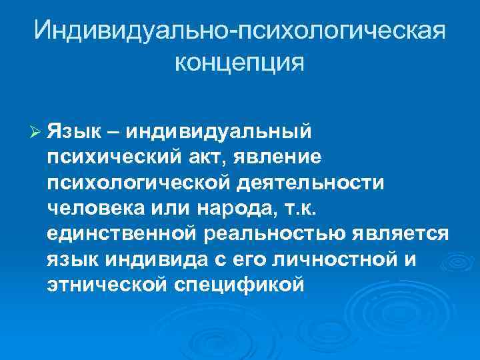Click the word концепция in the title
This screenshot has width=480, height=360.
[x=239, y=63]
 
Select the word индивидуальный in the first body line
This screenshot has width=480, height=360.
[x=217, y=132]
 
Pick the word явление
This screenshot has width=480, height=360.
[x=281, y=157]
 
